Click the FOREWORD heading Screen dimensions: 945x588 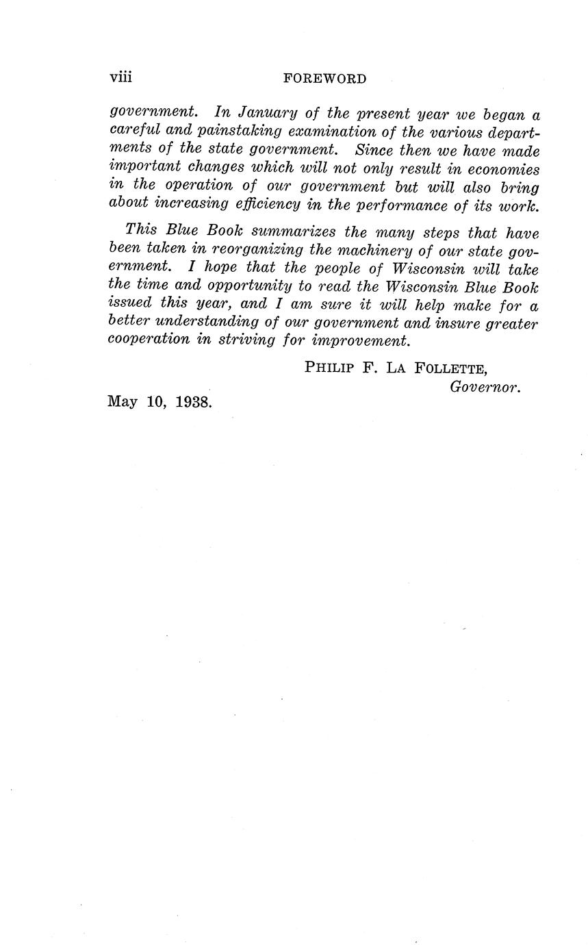[x=324, y=79]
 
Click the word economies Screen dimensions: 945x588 [x=502, y=168]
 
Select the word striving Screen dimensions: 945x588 [x=246, y=340]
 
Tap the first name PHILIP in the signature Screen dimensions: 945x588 [x=329, y=368]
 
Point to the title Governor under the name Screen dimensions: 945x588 [x=485, y=387]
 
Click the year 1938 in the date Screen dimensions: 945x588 [x=194, y=402]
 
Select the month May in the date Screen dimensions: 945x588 [x=123, y=403]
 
